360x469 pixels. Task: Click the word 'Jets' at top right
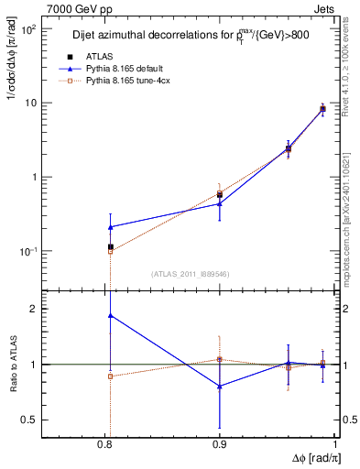[x=323, y=8]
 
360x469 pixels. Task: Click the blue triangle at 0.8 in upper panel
[x=111, y=226]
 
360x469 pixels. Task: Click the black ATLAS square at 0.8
[x=111, y=246]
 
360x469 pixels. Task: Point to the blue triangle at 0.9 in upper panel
[x=220, y=203]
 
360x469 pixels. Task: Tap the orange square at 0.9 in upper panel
[x=220, y=193]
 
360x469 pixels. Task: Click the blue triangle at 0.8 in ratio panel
[x=111, y=315]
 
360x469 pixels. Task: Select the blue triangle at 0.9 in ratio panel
[x=220, y=387]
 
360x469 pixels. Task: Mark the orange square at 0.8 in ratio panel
[x=111, y=376]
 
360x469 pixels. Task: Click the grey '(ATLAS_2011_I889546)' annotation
[x=189, y=274]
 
